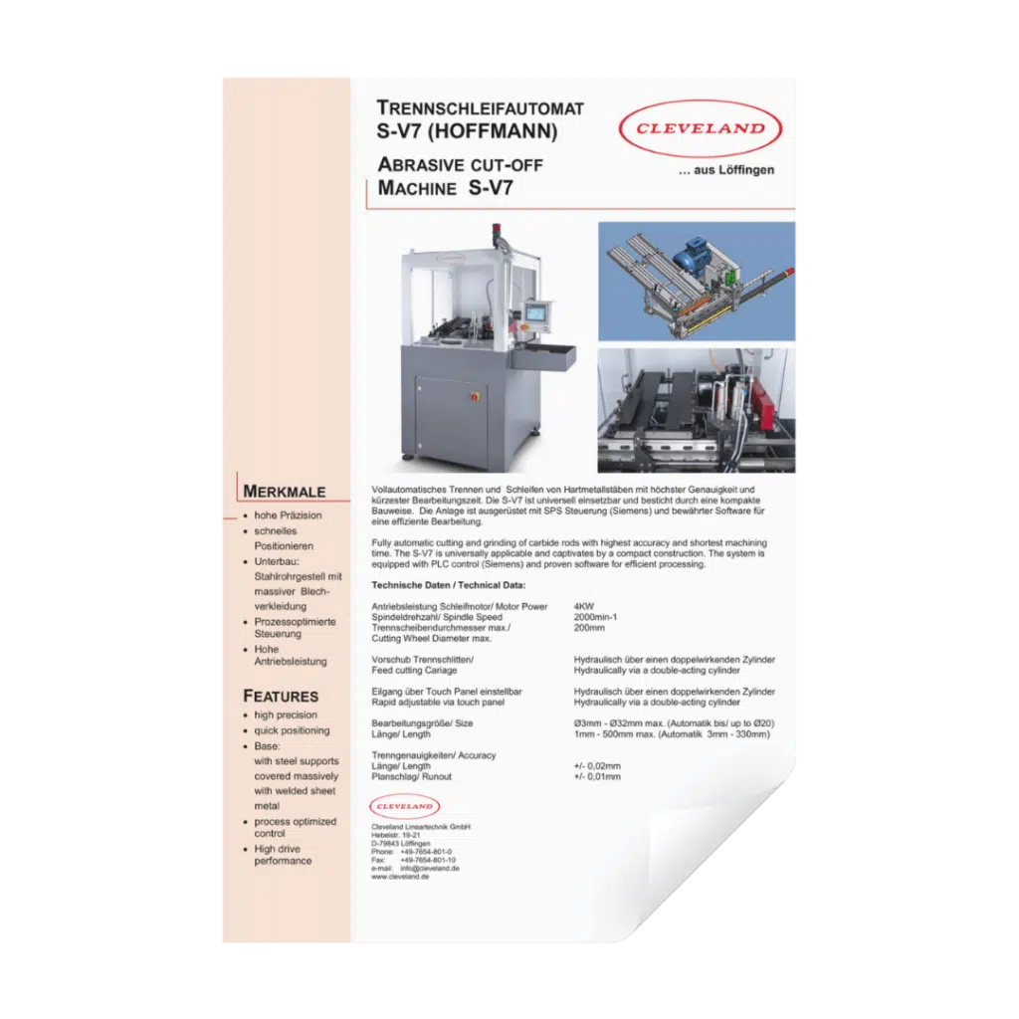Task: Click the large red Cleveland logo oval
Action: [701, 128]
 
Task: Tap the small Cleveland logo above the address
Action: [403, 805]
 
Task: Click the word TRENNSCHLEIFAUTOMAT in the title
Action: [481, 108]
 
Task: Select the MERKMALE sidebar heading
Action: [285, 492]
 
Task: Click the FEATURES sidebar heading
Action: [281, 696]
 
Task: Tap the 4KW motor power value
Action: [585, 606]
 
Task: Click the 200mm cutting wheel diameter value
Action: [590, 628]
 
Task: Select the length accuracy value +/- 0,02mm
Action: [597, 766]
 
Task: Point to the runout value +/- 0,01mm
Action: [597, 776]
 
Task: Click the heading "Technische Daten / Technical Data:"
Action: [448, 585]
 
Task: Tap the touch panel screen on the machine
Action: [536, 310]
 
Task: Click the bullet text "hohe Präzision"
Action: [288, 515]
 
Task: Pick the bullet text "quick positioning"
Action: [292, 730]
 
